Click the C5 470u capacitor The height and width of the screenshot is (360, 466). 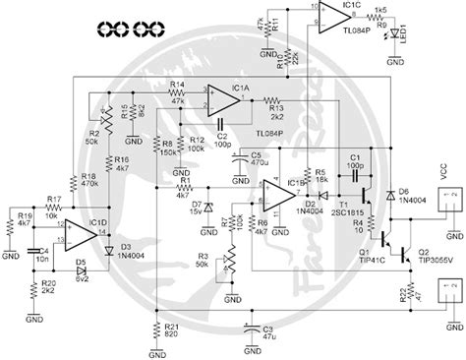240,164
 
